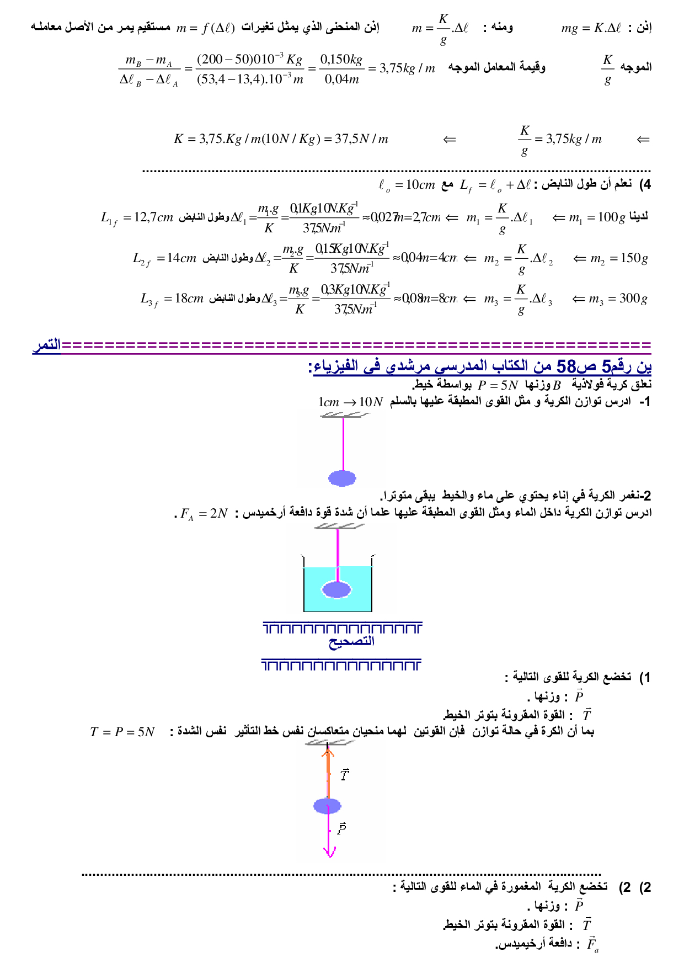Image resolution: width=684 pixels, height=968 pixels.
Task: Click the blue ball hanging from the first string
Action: click(x=342, y=478)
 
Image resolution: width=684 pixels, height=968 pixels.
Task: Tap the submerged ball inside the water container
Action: click(x=336, y=589)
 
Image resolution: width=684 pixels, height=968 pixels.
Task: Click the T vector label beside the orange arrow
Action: click(x=345, y=775)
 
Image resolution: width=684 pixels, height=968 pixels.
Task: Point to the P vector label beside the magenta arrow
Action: click(x=341, y=828)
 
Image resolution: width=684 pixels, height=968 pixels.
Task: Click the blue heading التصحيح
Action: click(x=351, y=642)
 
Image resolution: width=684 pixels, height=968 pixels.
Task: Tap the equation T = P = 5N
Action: click(x=122, y=732)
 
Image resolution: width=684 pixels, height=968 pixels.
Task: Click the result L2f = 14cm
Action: click(x=164, y=258)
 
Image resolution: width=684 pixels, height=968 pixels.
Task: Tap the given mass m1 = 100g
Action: click(x=597, y=218)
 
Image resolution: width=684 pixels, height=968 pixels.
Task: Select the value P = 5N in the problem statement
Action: click(x=498, y=385)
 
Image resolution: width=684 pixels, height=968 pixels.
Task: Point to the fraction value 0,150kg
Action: click(x=341, y=60)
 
